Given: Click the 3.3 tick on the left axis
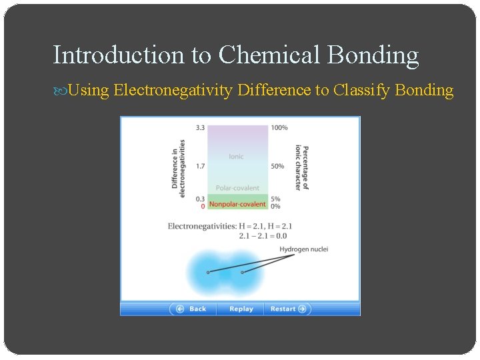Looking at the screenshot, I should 200,127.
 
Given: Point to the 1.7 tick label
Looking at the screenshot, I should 200,166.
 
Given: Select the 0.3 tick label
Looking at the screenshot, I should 200,199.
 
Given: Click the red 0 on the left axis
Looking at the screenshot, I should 203,206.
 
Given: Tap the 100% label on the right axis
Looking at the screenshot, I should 279,127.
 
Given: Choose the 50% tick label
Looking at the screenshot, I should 277,166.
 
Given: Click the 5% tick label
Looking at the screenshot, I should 275,199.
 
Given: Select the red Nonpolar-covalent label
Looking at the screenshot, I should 237,204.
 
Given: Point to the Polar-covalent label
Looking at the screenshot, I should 237,188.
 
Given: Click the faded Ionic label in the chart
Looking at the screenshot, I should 236,157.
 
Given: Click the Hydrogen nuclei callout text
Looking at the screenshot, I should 303,249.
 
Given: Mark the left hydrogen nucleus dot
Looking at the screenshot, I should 208,272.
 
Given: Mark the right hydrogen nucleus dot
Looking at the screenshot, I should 242,272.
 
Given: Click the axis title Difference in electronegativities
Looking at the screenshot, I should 179,164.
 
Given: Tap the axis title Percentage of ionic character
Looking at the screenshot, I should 302,167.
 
